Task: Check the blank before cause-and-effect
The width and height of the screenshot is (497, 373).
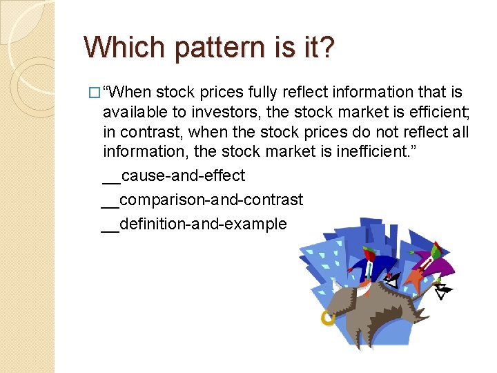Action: click(111, 181)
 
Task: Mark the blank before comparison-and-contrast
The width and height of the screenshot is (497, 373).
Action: click(110, 205)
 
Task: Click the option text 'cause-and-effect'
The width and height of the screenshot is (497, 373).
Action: click(183, 176)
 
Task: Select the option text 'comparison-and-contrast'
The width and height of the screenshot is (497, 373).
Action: click(211, 200)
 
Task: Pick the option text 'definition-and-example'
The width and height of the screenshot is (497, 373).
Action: click(203, 224)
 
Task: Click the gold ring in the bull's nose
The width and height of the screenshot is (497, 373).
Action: click(328, 317)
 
